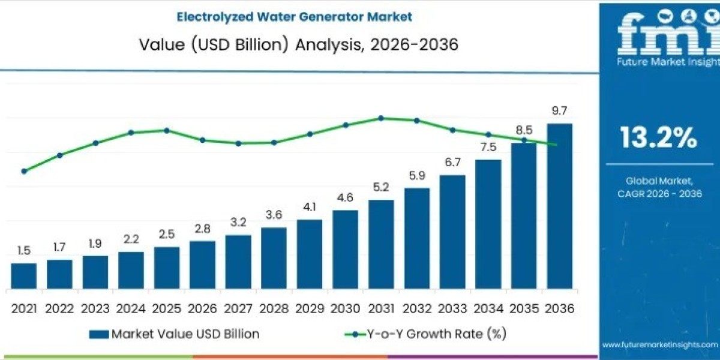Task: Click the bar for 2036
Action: point(559,207)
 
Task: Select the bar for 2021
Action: point(23,276)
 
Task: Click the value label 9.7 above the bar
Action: point(559,111)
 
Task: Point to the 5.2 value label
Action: point(381,188)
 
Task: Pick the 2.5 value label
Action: point(167,234)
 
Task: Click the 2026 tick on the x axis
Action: point(202,308)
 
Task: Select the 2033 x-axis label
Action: point(452,308)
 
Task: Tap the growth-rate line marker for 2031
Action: point(381,118)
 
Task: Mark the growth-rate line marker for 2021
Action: point(24,171)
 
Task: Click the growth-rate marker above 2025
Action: point(167,130)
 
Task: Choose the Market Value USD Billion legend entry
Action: point(174,334)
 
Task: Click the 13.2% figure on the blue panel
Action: point(658,139)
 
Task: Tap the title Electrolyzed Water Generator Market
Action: point(294,17)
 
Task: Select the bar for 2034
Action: point(488,225)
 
